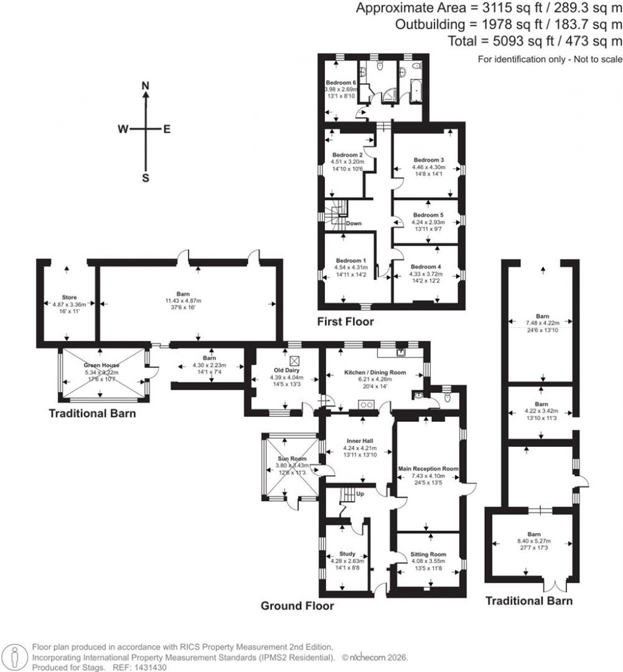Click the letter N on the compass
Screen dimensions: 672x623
pyautogui.click(x=145, y=86)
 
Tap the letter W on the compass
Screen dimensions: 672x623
pyautogui.click(x=123, y=129)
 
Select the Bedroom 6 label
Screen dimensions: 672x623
pyautogui.click(x=341, y=83)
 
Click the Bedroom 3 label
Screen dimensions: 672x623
pyautogui.click(x=429, y=159)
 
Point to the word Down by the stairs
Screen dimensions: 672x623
pyautogui.click(x=354, y=223)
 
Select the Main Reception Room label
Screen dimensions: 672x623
pyautogui.click(x=428, y=469)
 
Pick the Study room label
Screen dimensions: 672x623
pyautogui.click(x=347, y=554)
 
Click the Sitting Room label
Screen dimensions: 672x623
pyautogui.click(x=428, y=555)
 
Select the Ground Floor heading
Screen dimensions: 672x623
pyautogui.click(x=298, y=606)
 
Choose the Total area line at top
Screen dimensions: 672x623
pyautogui.click(x=535, y=41)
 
